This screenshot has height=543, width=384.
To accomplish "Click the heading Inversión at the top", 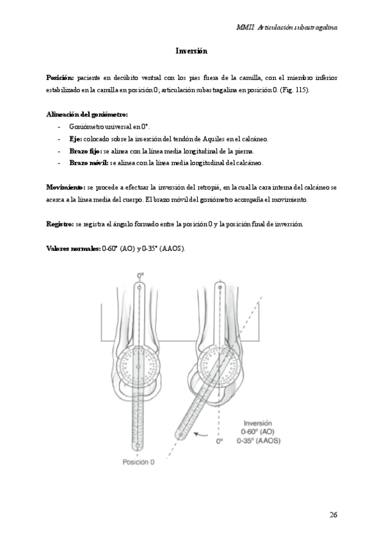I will coord(191,50).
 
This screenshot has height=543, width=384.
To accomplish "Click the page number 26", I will coord(333,514).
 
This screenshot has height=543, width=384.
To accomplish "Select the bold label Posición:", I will coord(61,77).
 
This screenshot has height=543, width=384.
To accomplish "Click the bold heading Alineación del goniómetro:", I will coord(83,114).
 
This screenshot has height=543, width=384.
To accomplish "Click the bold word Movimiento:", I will coord(66,187).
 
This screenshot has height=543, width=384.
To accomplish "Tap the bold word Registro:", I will coord(60,224).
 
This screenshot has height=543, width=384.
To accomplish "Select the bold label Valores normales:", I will coord(74,248).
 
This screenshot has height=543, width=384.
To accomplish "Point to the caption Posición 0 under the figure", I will coord(138,462).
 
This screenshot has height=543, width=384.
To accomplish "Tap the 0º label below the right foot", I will coord(220,441).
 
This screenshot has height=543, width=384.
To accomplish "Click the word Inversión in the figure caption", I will coord(258,423).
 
